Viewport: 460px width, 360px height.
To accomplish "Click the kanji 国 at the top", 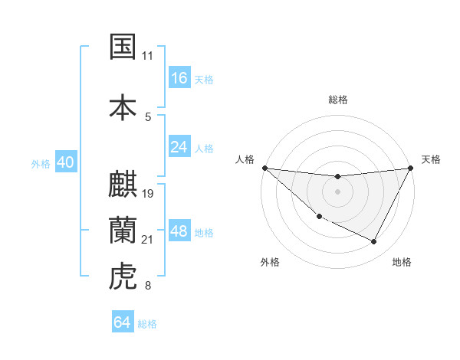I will (123, 47).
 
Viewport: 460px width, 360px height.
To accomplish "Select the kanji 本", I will (123, 107).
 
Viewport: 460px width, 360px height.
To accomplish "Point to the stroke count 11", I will (148, 56).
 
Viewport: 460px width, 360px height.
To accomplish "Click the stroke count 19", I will (149, 193).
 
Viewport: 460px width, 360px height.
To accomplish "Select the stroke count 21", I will (148, 240).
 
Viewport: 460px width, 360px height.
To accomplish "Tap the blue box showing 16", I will (179, 78).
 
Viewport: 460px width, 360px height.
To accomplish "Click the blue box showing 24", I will (179, 147).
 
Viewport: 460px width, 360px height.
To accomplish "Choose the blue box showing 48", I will (179, 231).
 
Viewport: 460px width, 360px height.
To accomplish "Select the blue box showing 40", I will (65, 163).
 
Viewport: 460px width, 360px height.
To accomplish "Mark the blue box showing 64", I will (123, 322).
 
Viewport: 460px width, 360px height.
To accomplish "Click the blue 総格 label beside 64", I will (147, 324).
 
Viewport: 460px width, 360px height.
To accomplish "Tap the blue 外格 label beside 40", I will (41, 164).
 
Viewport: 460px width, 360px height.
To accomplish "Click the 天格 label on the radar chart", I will (431, 159).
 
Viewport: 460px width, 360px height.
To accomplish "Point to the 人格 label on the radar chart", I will (245, 159).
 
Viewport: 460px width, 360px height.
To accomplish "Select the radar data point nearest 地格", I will (374, 242).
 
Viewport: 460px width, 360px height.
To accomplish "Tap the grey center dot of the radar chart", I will (337, 191).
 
